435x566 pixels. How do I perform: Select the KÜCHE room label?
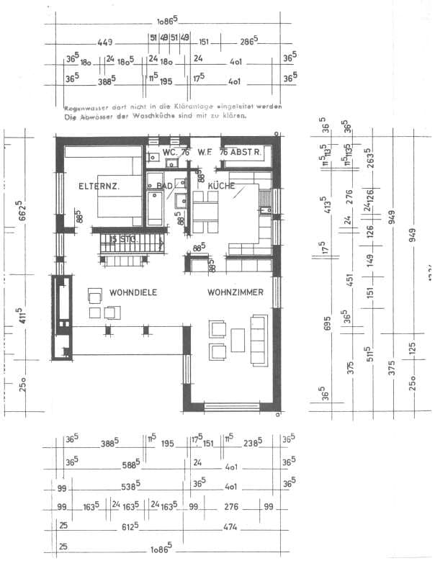point(221,186)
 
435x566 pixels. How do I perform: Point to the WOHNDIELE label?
point(133,293)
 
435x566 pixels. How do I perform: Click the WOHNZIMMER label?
point(235,293)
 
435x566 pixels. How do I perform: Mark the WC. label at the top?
point(170,153)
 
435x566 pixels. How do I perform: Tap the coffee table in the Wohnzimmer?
point(238,340)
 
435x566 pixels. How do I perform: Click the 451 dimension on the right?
point(350,279)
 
